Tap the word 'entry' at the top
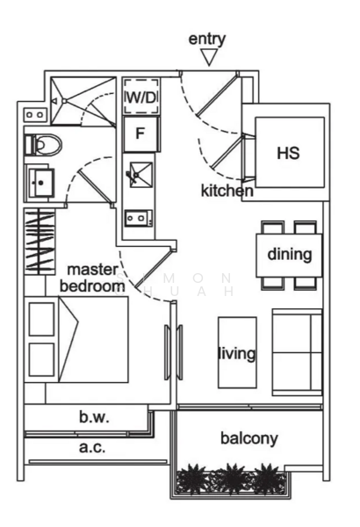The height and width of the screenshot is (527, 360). click(x=207, y=39)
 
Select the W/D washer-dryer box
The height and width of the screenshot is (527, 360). click(x=140, y=96)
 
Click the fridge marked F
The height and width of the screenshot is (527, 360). click(x=140, y=134)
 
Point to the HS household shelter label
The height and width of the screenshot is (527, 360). click(x=287, y=153)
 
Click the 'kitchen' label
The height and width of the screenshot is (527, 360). click(x=227, y=191)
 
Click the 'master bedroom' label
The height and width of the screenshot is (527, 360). click(x=91, y=278)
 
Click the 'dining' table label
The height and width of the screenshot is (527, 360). click(x=289, y=256)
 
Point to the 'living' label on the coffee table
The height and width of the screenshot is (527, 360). click(x=236, y=354)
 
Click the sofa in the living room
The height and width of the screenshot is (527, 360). click(x=297, y=351)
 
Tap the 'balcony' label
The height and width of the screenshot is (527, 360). click(x=248, y=438)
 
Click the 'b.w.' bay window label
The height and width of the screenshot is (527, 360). click(x=93, y=419)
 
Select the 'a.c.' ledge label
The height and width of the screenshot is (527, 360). click(x=92, y=448)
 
